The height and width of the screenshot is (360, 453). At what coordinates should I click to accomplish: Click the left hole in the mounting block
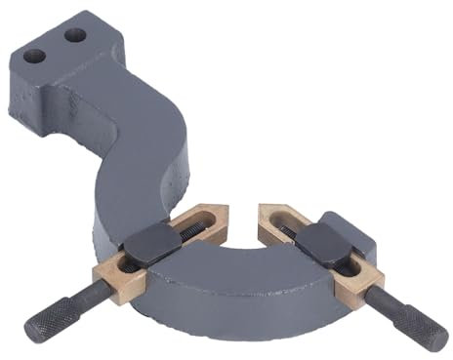tap(36, 55)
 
